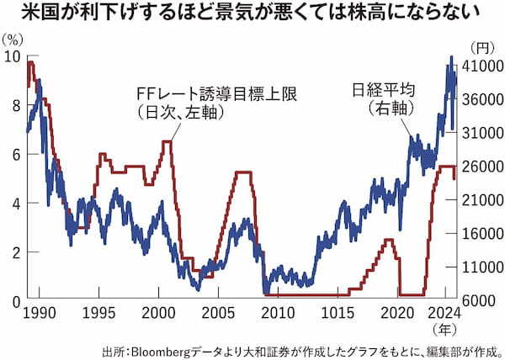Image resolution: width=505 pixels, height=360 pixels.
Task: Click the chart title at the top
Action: [x=252, y=14]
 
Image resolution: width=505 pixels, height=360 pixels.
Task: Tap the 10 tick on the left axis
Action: [x=13, y=56]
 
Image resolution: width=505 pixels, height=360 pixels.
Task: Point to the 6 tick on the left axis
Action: [x=14, y=155]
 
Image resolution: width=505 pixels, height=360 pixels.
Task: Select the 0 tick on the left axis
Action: [x=14, y=301]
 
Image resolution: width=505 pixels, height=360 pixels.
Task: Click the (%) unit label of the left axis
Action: [x=13, y=40]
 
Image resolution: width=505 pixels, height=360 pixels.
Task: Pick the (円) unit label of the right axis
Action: [x=484, y=48]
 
